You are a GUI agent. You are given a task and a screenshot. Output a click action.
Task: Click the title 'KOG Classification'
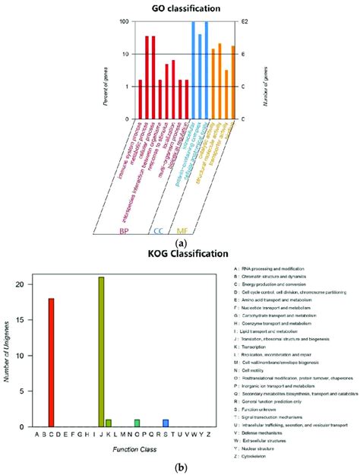coord(181,253)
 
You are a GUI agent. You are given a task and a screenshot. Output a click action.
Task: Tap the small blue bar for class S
coord(166,423)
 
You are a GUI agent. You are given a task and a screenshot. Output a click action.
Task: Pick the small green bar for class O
coord(137,423)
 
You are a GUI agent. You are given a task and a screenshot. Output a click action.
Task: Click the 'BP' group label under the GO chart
coord(122,230)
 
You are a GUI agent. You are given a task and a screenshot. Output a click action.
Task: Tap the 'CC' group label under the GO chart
coord(159,230)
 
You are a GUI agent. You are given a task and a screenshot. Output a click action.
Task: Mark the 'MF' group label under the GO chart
coord(183,230)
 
